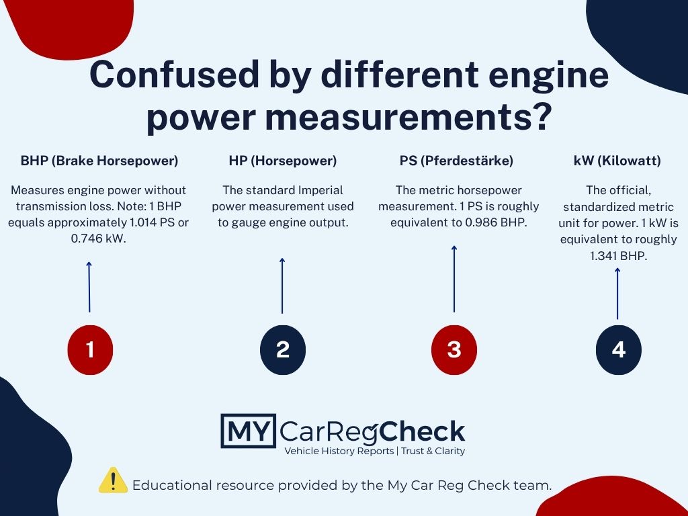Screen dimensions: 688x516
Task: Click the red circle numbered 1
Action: pyautogui.click(x=90, y=349)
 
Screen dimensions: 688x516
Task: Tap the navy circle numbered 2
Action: pyautogui.click(x=283, y=349)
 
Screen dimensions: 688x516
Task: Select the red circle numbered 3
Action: pyautogui.click(x=454, y=349)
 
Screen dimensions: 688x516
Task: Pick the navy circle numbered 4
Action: pyautogui.click(x=619, y=349)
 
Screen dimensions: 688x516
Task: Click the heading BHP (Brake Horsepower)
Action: pyautogui.click(x=99, y=161)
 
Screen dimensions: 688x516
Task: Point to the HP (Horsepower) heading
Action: pyautogui.click(x=283, y=161)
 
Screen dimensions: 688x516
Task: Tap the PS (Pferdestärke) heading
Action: pyautogui.click(x=456, y=161)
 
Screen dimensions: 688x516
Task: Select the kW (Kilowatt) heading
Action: pyautogui.click(x=617, y=161)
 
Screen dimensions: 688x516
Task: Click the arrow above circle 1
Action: pyautogui.click(x=89, y=287)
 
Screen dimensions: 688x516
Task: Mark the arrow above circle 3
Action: pyautogui.click(x=454, y=279)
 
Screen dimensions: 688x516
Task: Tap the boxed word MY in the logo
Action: pyautogui.click(x=249, y=431)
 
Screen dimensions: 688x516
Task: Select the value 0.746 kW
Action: pyautogui.click(x=98, y=239)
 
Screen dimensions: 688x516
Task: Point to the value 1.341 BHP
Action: pyautogui.click(x=618, y=256)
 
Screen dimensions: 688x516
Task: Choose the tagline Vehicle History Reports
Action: pyautogui.click(x=339, y=451)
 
